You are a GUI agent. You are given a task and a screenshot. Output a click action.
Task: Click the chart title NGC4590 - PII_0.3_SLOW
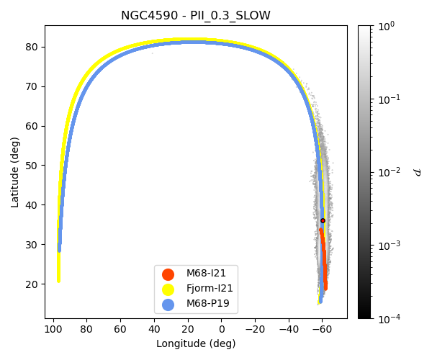click(196, 15)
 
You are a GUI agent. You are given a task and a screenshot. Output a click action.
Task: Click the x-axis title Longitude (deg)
click(196, 344)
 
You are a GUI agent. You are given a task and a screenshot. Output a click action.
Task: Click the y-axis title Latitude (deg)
click(15, 172)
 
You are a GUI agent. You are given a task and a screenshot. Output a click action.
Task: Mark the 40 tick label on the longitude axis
click(153, 329)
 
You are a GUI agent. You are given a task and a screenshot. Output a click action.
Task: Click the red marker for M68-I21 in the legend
click(168, 274)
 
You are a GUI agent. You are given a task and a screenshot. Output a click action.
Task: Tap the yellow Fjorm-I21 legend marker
click(168, 289)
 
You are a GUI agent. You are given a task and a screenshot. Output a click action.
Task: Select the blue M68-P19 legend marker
click(168, 304)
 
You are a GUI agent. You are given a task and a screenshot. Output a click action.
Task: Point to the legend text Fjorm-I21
click(210, 289)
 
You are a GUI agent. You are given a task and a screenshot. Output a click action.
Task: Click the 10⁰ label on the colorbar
click(387, 26)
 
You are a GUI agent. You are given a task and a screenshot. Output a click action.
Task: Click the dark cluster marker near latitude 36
click(323, 220)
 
